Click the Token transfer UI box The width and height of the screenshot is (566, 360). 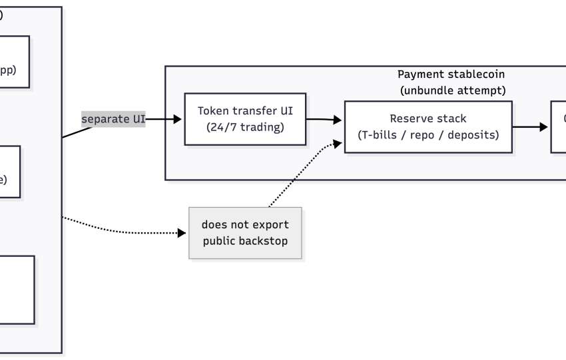click(245, 119)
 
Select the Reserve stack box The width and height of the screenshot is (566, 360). click(428, 126)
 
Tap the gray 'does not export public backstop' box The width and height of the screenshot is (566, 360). click(245, 233)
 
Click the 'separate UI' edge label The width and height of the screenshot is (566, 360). click(113, 119)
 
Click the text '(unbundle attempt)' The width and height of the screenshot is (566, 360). click(452, 90)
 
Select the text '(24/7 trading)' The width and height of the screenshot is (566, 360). click(245, 127)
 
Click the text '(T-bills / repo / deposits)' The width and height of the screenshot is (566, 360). click(428, 134)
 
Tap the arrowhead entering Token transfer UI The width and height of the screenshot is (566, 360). click(178, 119)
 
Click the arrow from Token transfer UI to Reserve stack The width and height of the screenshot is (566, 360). click(324, 120)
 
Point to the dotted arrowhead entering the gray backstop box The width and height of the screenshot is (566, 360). click(184, 233)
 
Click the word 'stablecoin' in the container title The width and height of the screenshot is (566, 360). click(467, 75)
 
